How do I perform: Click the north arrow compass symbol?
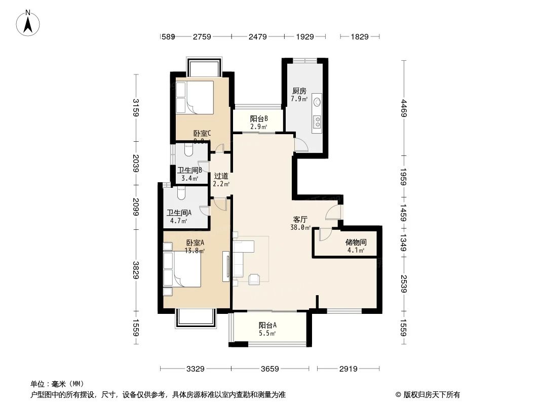point(29,22)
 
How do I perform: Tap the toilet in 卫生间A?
point(182,193)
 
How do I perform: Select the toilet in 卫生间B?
point(189,150)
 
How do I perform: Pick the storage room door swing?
point(325,234)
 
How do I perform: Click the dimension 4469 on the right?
point(403,109)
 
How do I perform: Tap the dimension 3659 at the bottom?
point(270,369)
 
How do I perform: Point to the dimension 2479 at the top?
point(257,36)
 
